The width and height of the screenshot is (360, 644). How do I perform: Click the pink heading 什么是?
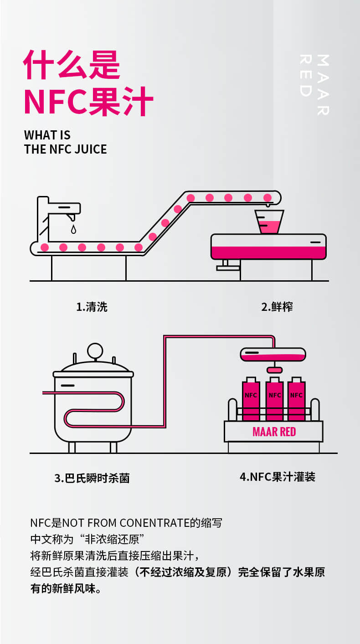click(72, 66)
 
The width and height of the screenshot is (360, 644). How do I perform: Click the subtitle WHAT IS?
click(47, 135)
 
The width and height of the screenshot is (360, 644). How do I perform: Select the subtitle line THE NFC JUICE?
click(66, 149)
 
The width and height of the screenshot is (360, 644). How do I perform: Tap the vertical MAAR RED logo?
click(314, 84)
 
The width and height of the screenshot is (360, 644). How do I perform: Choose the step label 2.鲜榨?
click(277, 307)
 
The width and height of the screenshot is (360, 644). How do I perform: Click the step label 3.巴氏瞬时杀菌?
click(92, 478)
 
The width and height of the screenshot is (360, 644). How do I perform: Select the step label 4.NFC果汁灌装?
click(278, 477)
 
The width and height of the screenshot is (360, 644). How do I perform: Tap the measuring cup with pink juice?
click(269, 222)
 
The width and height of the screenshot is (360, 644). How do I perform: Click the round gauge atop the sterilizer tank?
click(95, 351)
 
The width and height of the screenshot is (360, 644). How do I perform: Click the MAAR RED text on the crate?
click(274, 431)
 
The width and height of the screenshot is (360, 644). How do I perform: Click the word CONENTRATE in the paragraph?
click(150, 522)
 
